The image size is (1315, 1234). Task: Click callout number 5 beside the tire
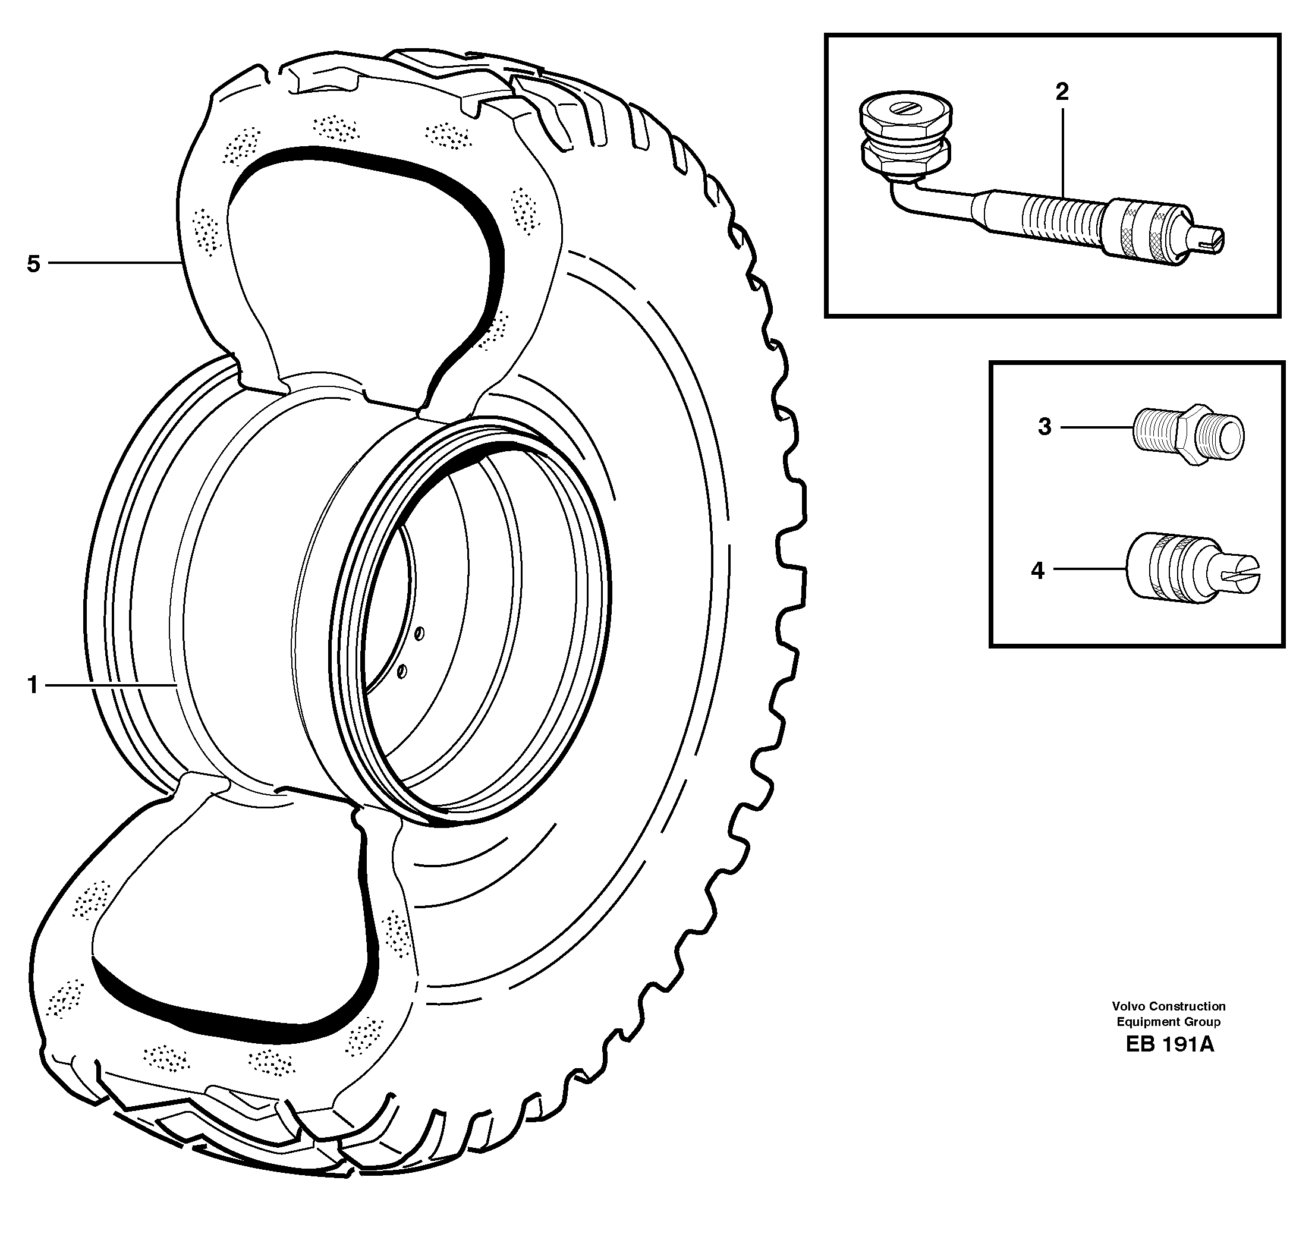click(x=33, y=265)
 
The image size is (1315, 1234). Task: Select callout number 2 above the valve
click(x=1062, y=92)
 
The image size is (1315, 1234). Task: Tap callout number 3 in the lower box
click(x=1045, y=427)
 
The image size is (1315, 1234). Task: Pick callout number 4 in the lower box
click(x=1037, y=570)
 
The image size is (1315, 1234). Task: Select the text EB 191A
click(x=1169, y=1045)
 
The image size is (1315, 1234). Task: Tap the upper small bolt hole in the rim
click(x=419, y=634)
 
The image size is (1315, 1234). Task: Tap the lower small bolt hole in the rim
click(x=401, y=672)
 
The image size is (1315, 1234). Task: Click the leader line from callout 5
click(x=112, y=263)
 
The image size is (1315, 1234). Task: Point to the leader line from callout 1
click(x=109, y=686)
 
